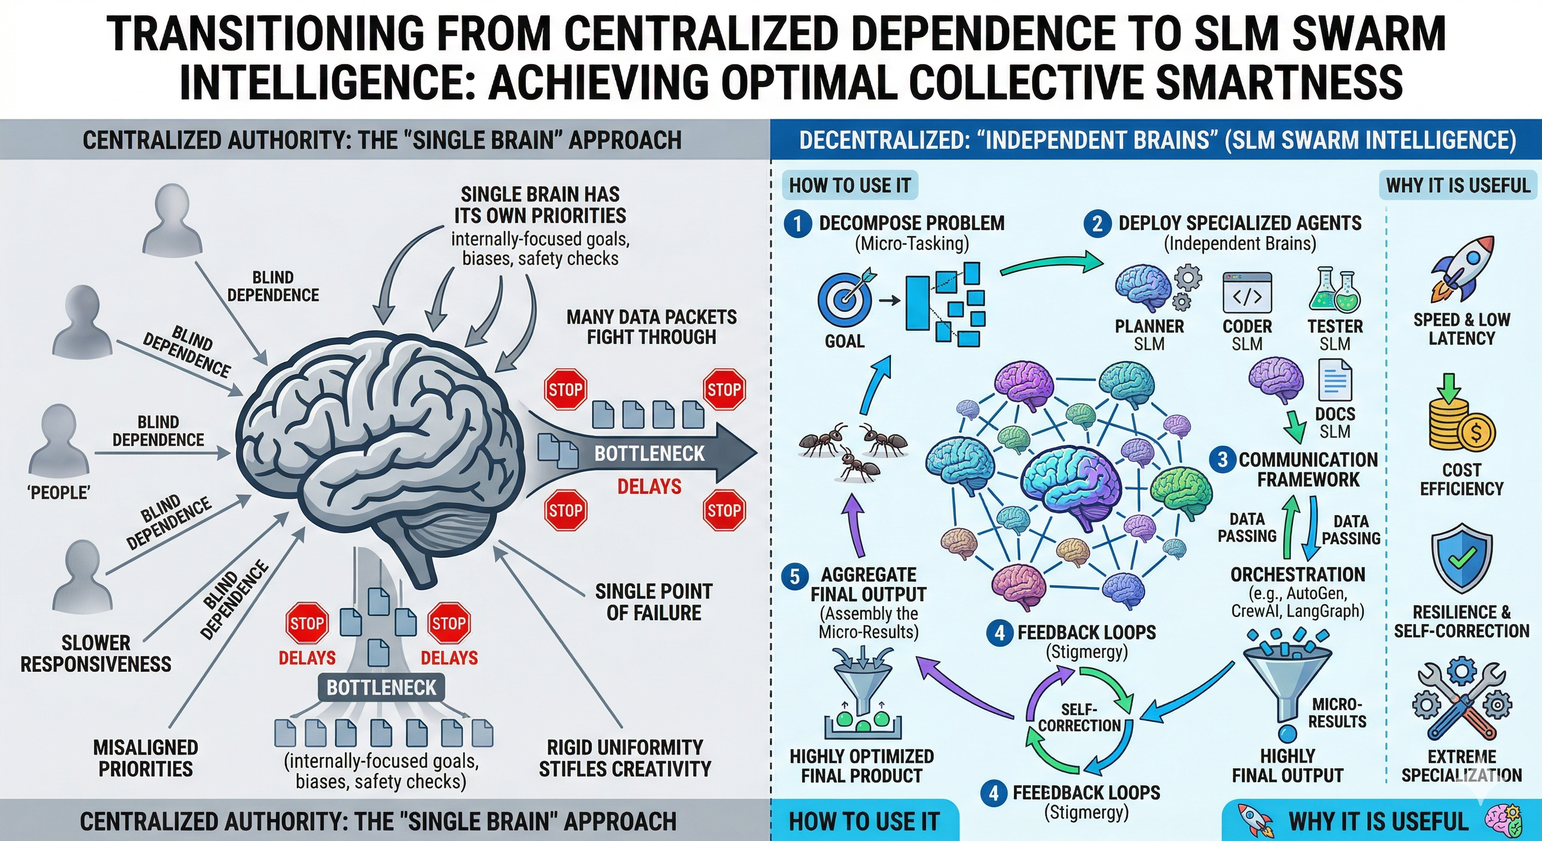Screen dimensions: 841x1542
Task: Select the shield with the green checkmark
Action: click(1461, 560)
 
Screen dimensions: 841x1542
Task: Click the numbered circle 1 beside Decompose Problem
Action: click(798, 224)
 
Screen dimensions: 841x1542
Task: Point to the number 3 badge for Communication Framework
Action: click(1223, 460)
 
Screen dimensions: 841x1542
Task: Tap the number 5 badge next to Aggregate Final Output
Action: click(795, 577)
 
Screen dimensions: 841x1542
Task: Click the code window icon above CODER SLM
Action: click(1247, 293)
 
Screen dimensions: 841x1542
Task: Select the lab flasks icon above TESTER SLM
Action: click(1335, 291)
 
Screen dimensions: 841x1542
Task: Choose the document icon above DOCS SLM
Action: click(1335, 381)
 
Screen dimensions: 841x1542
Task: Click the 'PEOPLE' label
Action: click(59, 493)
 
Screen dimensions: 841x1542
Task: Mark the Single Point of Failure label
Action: click(654, 602)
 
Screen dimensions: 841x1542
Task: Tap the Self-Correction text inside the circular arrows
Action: click(1079, 718)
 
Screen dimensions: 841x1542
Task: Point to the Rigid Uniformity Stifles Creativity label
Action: click(625, 758)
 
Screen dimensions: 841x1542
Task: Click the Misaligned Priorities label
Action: click(146, 758)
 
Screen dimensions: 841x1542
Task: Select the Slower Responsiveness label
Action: click(96, 654)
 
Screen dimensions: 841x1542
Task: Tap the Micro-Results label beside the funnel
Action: click(1337, 713)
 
